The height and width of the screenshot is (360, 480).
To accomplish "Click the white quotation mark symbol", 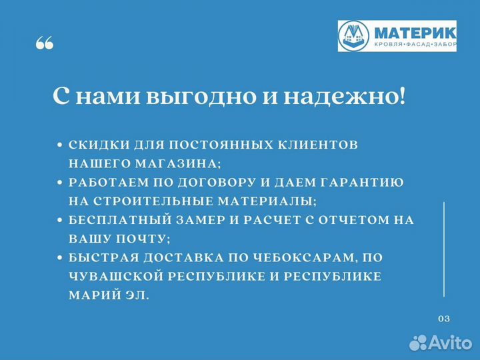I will (44, 44).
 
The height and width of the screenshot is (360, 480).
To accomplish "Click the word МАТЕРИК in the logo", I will (415, 31).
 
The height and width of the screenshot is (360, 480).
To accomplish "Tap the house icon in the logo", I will (353, 35).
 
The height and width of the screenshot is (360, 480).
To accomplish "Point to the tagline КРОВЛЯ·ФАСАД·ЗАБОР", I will (415, 45).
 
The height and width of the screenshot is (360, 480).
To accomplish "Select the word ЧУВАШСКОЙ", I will (107, 276).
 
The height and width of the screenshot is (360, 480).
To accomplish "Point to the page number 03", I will (444, 318).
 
